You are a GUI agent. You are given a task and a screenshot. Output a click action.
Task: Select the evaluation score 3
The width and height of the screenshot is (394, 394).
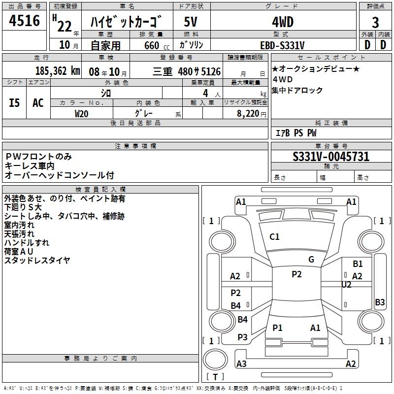376,23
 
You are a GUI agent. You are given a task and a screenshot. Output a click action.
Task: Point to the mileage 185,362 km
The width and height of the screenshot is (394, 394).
58,71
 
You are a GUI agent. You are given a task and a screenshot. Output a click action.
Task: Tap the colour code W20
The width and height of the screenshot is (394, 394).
82,113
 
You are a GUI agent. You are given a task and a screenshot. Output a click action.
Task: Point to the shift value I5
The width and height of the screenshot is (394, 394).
15,102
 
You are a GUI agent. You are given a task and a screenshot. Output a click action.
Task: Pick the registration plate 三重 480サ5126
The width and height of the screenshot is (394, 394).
192,71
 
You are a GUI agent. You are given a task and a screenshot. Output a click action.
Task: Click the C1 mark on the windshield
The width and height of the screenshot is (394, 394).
274,237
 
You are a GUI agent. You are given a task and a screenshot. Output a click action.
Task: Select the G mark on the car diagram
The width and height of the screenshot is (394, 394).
311,260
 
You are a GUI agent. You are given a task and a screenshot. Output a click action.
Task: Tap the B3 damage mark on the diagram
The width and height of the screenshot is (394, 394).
380,302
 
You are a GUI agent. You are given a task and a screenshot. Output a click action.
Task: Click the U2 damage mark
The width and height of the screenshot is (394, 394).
346,285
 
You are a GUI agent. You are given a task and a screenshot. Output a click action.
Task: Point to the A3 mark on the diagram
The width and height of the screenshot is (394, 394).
241,364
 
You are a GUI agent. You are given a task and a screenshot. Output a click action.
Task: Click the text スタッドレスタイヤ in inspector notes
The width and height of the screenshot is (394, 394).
37,261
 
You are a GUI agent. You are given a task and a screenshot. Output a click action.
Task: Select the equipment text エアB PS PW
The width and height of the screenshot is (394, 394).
295,133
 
